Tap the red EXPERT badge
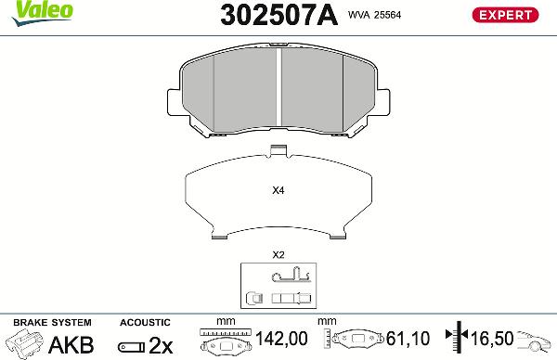pyautogui.click(x=507, y=14)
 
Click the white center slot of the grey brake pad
pyautogui.click(x=279, y=88)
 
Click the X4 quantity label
pyautogui.click(x=278, y=191)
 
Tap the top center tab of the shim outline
pyautogui.click(x=278, y=152)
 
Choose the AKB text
pyautogui.click(x=71, y=345)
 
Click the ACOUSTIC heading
pyautogui.click(x=144, y=323)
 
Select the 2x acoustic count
pyautogui.click(x=161, y=345)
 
